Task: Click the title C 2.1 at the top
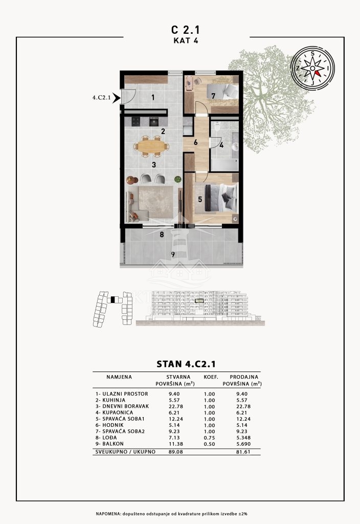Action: [x=185, y=30]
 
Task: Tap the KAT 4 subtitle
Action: [x=186, y=40]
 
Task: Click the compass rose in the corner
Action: [x=312, y=68]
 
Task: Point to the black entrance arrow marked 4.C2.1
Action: [x=116, y=98]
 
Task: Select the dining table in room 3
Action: [x=151, y=146]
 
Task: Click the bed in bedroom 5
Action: [x=221, y=198]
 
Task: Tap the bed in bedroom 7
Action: [x=222, y=91]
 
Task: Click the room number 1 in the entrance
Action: [x=153, y=98]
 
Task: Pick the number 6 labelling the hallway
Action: [x=196, y=142]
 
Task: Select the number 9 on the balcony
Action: [x=173, y=255]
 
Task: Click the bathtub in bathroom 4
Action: [x=224, y=165]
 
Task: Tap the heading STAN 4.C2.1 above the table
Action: [x=186, y=364]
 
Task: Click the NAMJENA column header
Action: [x=119, y=377]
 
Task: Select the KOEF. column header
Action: [x=211, y=377]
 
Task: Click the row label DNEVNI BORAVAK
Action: [x=126, y=406]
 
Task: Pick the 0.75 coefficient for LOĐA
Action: [x=209, y=438]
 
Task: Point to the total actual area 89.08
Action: [x=176, y=452]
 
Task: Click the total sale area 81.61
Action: [x=243, y=452]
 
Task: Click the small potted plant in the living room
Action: [x=177, y=180]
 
